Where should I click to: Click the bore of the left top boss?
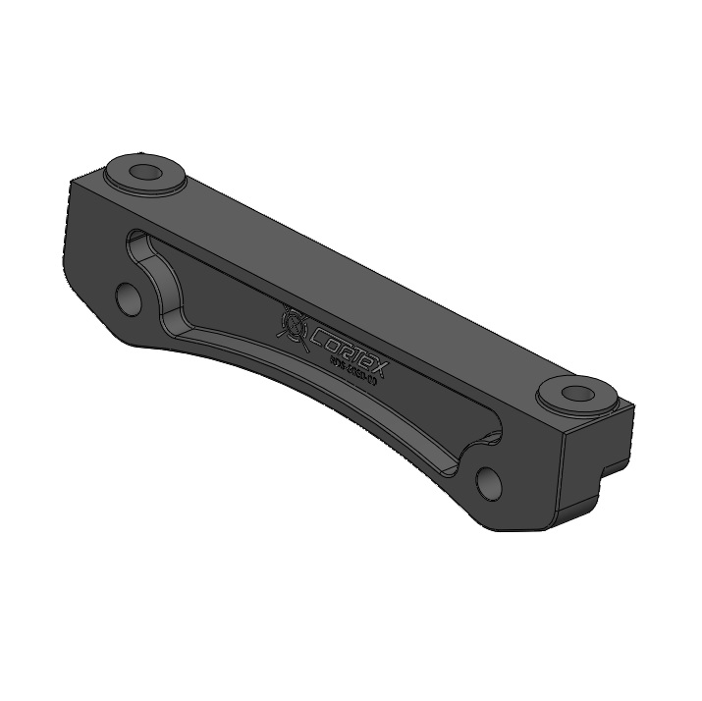[x=145, y=173]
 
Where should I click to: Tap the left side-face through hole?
[x=129, y=297]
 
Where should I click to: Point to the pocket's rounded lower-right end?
[x=491, y=432]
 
